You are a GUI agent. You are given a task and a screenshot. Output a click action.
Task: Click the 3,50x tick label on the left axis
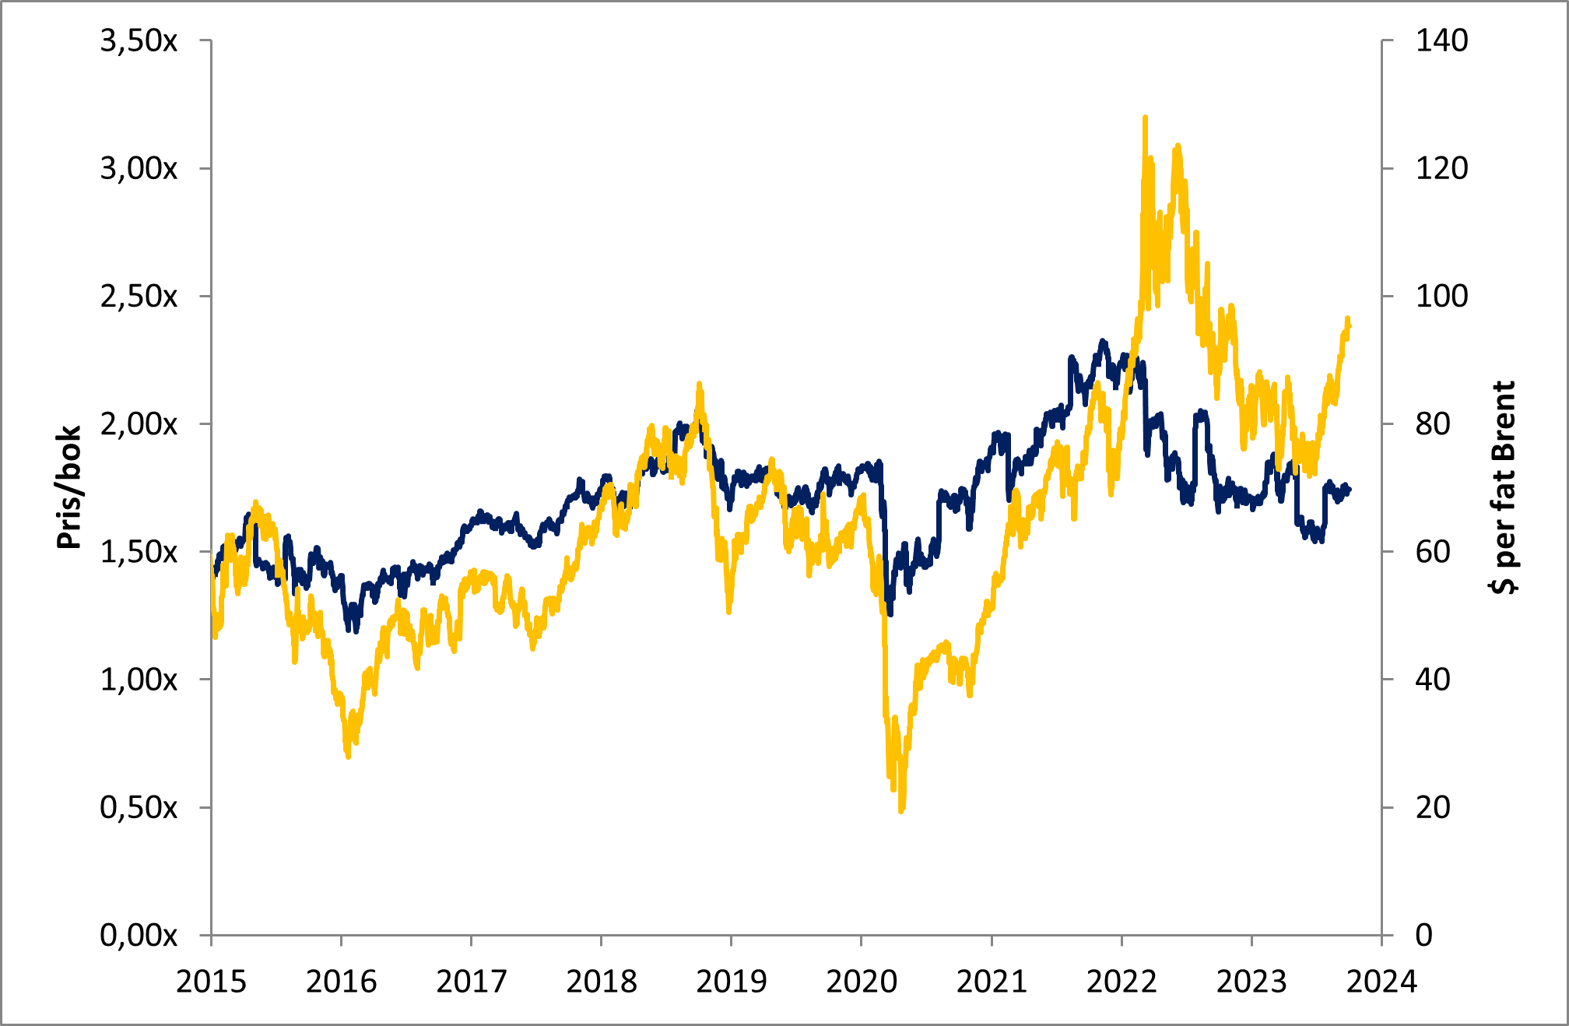click(x=139, y=40)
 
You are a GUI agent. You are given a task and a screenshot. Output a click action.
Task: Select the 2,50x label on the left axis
click(x=139, y=297)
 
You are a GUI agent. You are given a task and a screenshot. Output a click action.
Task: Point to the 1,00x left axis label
click(x=139, y=680)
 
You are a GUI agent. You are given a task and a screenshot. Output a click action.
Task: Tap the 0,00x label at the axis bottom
click(x=139, y=935)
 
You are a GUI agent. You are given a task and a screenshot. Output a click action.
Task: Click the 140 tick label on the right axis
click(x=1441, y=40)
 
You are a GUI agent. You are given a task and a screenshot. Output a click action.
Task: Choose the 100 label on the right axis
click(x=1441, y=297)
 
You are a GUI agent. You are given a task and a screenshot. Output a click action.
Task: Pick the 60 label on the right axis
click(x=1433, y=552)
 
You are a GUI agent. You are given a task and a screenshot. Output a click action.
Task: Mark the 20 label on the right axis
click(x=1433, y=807)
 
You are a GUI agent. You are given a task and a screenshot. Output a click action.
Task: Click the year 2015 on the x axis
click(x=211, y=982)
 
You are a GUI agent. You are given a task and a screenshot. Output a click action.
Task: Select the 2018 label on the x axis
click(x=602, y=982)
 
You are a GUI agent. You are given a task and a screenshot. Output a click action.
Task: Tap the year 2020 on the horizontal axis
click(x=862, y=982)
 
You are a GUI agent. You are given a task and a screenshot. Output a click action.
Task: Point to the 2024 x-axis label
click(x=1381, y=982)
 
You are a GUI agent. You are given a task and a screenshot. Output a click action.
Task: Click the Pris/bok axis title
click(x=68, y=487)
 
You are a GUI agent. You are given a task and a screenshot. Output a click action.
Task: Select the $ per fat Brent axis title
click(x=1504, y=487)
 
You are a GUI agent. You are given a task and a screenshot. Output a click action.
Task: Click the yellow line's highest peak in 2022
click(x=1145, y=118)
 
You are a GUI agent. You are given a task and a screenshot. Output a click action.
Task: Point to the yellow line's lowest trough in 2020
click(x=901, y=810)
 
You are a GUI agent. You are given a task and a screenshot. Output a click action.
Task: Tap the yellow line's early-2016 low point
click(x=348, y=755)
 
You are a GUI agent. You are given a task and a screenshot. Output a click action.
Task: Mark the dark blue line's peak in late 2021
click(x=1103, y=342)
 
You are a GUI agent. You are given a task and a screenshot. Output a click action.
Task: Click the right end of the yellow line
click(x=1350, y=325)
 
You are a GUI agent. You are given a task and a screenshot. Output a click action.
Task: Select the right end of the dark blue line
click(x=1350, y=489)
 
